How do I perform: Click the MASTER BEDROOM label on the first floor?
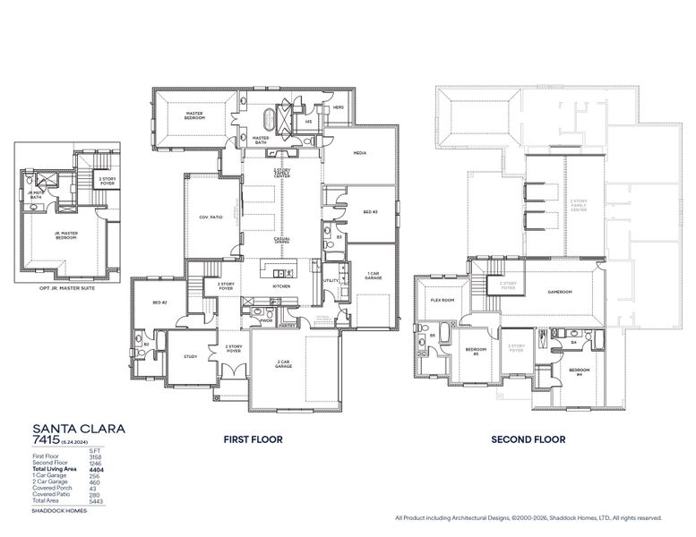(x=195, y=115)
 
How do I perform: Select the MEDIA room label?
(x=360, y=153)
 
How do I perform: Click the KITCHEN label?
(x=281, y=286)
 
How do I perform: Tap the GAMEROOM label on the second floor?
(x=561, y=292)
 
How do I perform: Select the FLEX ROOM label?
(x=443, y=301)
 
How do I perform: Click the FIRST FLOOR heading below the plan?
(x=253, y=439)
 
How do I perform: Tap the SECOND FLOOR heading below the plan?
(x=528, y=439)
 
